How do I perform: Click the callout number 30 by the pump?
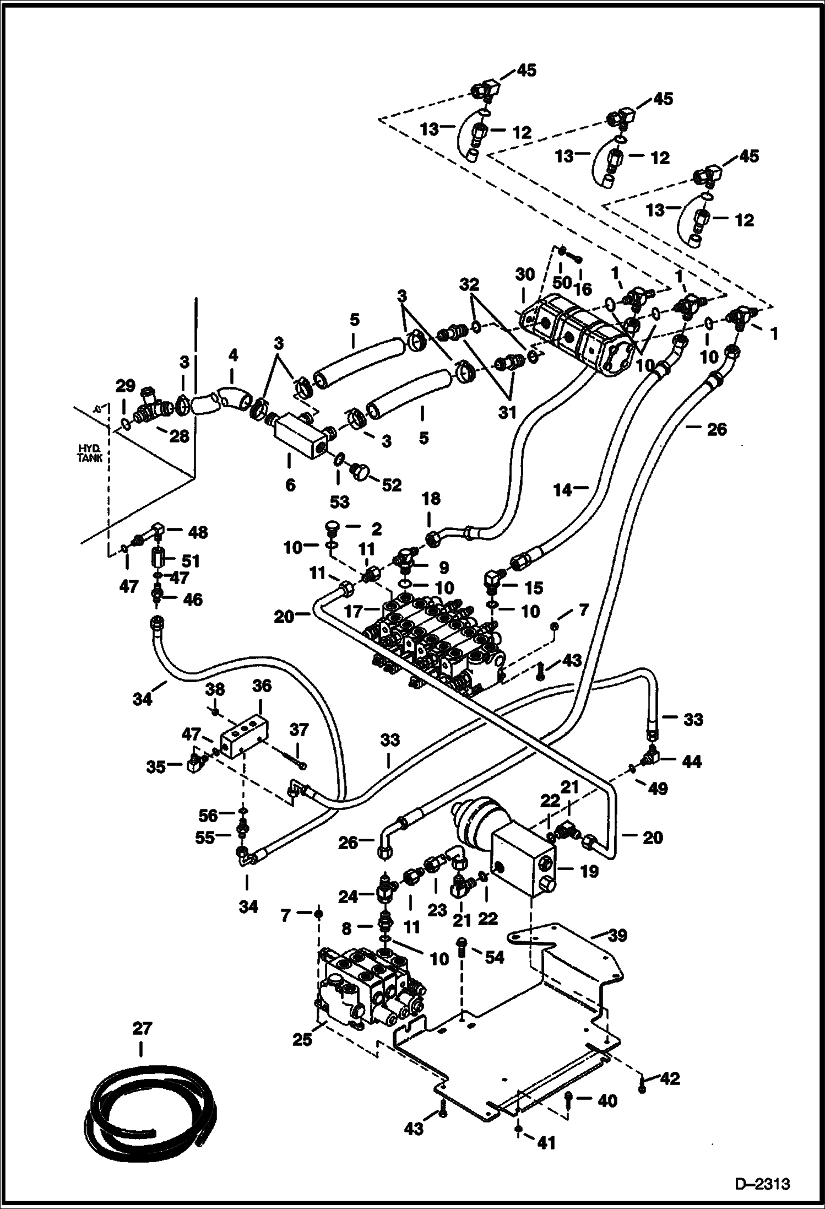[525, 274]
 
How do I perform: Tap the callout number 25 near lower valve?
[303, 1039]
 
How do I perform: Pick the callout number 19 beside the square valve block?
[588, 871]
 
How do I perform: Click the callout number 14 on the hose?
[563, 489]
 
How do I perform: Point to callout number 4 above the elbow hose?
[233, 355]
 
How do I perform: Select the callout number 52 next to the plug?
[392, 485]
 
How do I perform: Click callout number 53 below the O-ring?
[340, 501]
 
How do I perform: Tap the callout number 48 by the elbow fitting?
[198, 532]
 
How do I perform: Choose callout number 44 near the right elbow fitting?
[692, 762]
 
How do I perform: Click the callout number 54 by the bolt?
[494, 958]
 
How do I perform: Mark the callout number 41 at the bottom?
[546, 1143]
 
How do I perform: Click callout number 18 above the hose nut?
[431, 499]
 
